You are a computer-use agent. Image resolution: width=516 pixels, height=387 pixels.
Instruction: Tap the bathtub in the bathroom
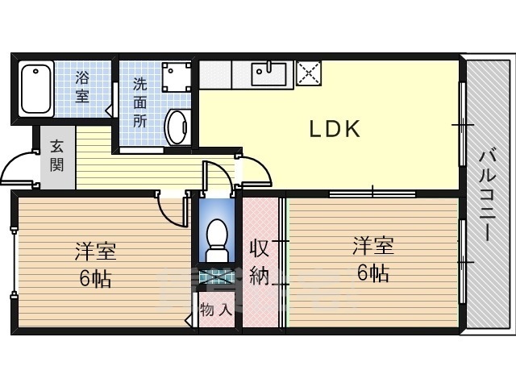tap(36, 89)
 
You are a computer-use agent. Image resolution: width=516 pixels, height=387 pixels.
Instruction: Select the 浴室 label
tap(83, 87)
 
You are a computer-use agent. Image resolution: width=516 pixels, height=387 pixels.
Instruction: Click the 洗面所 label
tap(140, 102)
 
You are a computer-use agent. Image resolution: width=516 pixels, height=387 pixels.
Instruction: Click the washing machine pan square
tap(175, 77)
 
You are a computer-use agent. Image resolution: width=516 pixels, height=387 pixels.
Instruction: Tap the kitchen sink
tap(268, 74)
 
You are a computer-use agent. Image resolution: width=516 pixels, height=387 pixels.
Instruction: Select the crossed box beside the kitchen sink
tap(308, 73)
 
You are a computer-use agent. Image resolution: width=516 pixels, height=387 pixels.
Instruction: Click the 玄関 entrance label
tap(56, 156)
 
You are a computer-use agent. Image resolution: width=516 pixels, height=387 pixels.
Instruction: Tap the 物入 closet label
tap(216, 309)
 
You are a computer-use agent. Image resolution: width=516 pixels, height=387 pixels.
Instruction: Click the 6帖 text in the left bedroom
tap(95, 279)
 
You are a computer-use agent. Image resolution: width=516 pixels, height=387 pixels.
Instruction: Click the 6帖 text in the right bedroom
tap(372, 272)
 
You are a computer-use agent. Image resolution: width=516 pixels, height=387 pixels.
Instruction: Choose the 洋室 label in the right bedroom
tap(372, 245)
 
